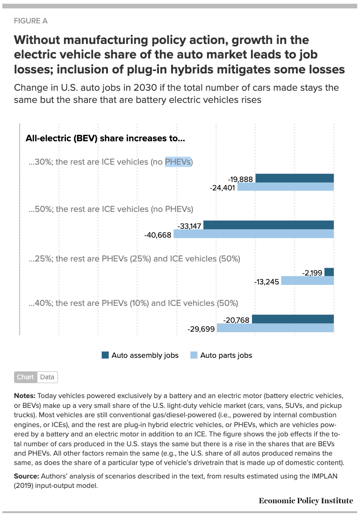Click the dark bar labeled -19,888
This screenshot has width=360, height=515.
tap(295, 178)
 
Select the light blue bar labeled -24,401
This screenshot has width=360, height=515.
tap(285, 187)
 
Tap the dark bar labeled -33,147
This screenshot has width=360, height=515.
tap(268, 225)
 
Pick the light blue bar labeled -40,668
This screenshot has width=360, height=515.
tap(253, 234)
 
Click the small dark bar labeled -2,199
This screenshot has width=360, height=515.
tap(329, 272)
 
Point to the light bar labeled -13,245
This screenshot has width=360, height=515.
tap(307, 281)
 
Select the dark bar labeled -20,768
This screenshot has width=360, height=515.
tap(293, 319)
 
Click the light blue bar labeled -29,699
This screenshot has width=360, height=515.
tap(275, 328)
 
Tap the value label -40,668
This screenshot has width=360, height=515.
tap(158, 234)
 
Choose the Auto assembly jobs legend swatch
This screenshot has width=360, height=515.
tap(105, 355)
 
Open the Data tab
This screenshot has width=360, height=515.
tap(47, 377)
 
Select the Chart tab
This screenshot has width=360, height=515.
tap(25, 377)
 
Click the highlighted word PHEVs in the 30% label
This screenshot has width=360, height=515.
tap(178, 162)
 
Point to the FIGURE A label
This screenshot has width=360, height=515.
tap(31, 21)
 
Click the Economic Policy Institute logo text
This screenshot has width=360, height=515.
tap(306, 501)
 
